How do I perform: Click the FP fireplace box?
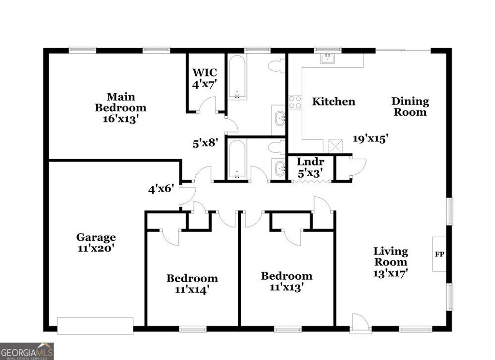tap(439, 254)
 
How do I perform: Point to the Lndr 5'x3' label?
tap(310, 167)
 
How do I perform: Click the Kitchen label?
tap(334, 102)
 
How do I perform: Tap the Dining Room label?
tap(410, 106)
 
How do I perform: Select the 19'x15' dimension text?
tap(371, 139)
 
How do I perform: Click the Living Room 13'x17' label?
tap(391, 262)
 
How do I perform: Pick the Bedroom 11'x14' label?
tap(192, 284)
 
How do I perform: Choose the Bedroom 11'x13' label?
tap(287, 281)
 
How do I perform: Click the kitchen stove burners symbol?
tap(295, 102)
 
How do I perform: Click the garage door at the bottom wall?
tap(95, 325)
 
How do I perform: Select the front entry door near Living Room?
tap(360, 323)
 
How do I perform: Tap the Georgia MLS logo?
tap(27, 351)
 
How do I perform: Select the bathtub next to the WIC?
tap(237, 77)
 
